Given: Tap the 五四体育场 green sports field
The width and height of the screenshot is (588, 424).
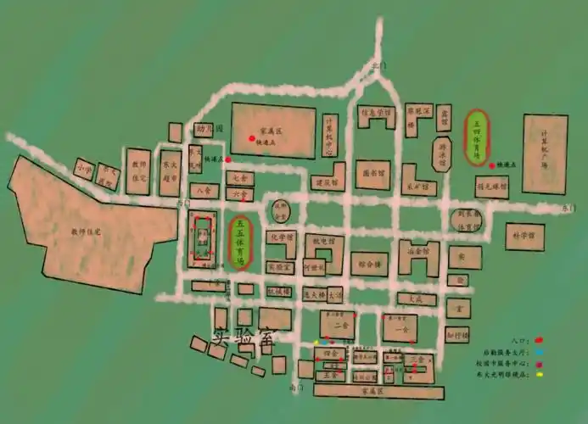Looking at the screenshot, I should tap(477, 137).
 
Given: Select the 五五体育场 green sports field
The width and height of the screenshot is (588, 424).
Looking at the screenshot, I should tap(240, 243).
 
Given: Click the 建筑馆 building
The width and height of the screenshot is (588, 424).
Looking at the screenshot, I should tap(324, 181).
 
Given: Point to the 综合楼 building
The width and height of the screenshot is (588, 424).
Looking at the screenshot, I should tap(369, 264).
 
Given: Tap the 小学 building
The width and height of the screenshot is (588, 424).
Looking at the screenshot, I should tap(83, 168).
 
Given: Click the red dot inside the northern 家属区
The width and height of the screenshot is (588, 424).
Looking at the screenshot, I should tap(251, 137).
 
